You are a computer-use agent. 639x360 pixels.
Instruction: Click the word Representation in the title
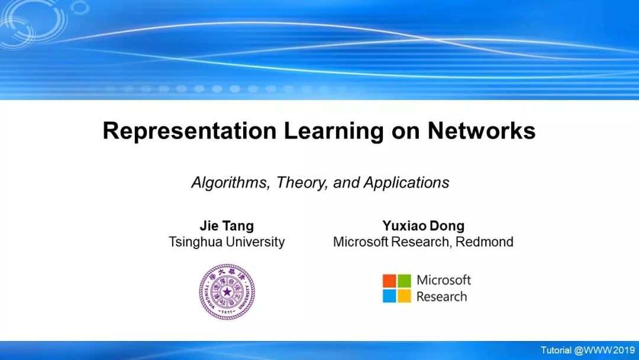(x=189, y=131)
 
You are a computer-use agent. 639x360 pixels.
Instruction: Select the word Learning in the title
(x=334, y=131)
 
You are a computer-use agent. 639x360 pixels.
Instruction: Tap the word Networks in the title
(x=481, y=131)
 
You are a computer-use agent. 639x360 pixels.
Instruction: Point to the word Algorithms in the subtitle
(x=231, y=182)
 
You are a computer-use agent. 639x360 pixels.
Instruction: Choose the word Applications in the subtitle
(x=406, y=182)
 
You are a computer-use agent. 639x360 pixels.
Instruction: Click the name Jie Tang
(x=227, y=226)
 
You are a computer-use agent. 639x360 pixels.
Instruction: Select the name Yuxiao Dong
(x=424, y=226)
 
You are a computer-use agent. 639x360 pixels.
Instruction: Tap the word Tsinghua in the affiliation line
(x=196, y=242)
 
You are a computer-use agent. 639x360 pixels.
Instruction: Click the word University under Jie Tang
(x=256, y=242)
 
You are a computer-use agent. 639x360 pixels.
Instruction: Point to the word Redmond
(x=485, y=242)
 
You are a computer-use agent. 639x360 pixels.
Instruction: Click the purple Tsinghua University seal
(x=227, y=291)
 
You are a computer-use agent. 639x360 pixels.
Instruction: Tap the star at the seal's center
(x=227, y=291)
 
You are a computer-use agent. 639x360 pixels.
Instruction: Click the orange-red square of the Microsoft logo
(x=389, y=281)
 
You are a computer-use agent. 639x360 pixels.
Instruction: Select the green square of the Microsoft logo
(x=404, y=281)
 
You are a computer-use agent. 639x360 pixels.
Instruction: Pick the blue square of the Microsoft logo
(x=389, y=296)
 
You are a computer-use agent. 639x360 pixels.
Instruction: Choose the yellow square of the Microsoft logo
(x=404, y=296)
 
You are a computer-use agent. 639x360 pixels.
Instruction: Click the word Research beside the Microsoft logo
(x=442, y=297)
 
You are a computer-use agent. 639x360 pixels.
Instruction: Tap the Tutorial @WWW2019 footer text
(x=588, y=350)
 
